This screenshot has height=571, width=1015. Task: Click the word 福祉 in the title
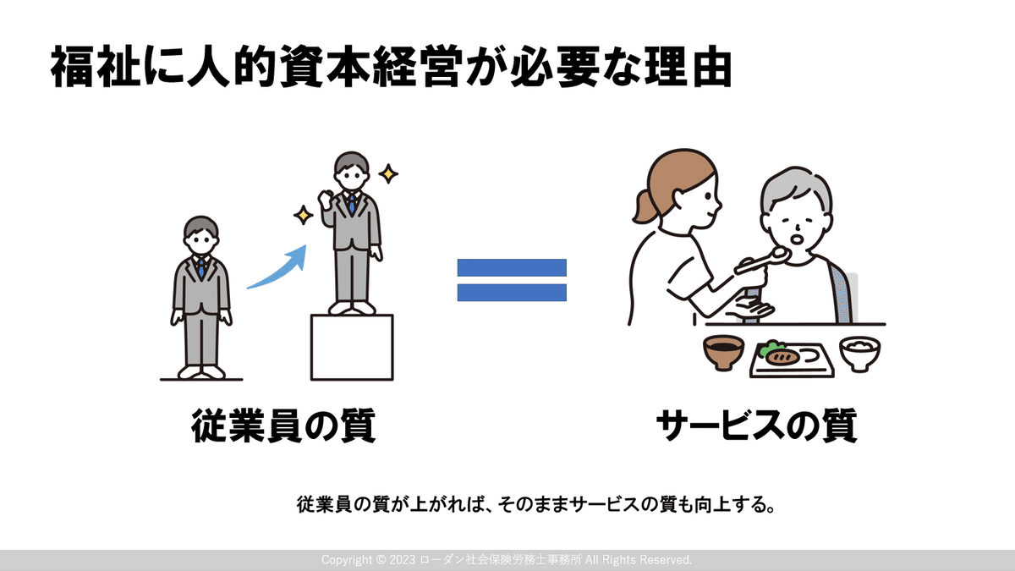(96, 66)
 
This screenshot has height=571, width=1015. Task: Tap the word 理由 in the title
(688, 66)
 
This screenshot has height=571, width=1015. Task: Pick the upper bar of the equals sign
(512, 267)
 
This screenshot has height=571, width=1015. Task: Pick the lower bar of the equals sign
(512, 293)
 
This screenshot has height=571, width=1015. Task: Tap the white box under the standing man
(352, 347)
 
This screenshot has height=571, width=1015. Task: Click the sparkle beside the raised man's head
(388, 173)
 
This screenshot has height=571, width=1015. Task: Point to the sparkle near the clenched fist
(303, 215)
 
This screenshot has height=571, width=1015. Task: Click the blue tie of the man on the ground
(201, 268)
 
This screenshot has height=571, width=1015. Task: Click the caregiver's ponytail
(645, 206)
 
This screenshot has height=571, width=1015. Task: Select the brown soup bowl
(723, 353)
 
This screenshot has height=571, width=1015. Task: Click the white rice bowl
(859, 354)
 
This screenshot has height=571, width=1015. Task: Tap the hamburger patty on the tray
(782, 357)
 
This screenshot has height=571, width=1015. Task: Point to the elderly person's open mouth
(796, 239)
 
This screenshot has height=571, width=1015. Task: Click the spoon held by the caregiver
(761, 261)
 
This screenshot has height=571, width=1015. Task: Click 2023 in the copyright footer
(403, 560)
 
